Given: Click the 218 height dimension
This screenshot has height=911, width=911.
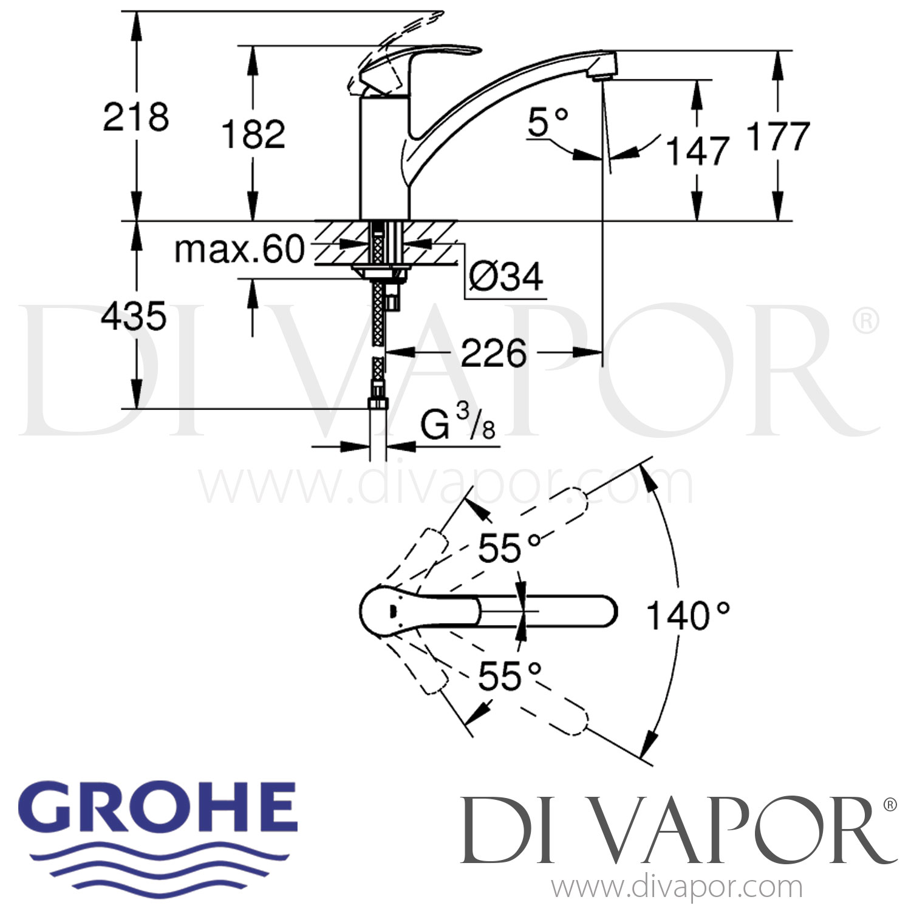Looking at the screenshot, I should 135,117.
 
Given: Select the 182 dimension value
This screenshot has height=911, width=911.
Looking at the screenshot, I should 253,134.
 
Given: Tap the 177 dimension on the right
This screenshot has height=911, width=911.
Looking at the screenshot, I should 778,136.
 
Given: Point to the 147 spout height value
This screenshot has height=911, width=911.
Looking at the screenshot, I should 697,151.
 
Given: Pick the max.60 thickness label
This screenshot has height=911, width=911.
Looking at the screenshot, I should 239,249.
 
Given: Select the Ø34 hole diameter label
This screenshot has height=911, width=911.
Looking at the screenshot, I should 506,278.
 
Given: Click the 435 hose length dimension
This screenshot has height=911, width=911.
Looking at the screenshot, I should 133,316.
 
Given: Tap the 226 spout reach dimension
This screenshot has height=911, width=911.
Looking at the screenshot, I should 493,353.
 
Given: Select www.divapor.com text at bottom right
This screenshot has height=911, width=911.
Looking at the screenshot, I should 677,887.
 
